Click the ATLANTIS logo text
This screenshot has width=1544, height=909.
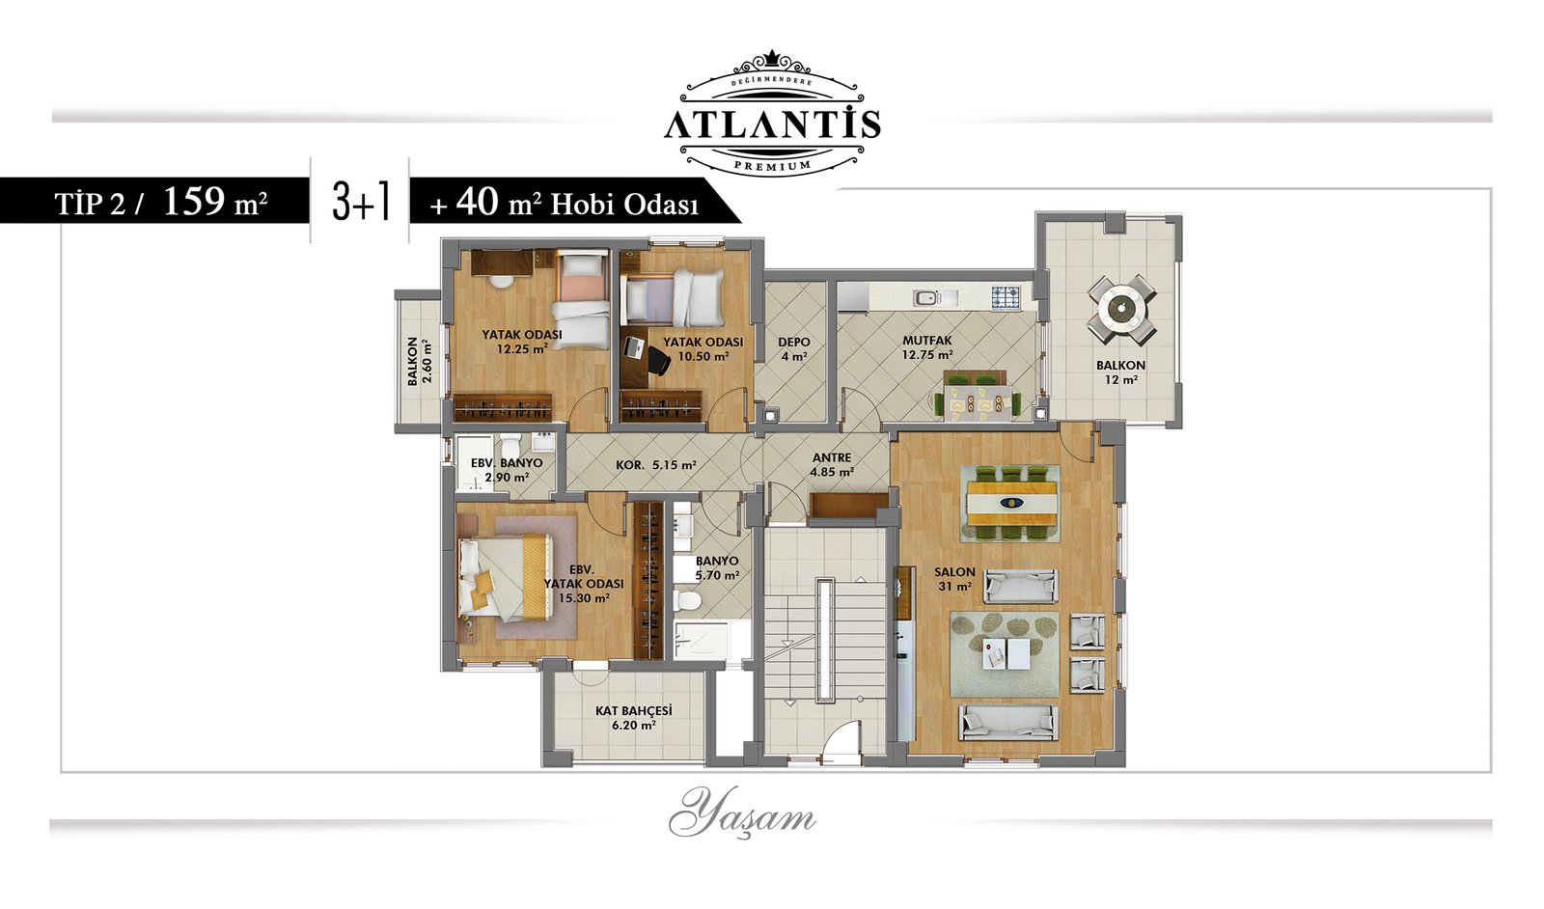pyautogui.click(x=772, y=125)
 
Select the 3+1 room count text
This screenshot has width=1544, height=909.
pyautogui.click(x=361, y=203)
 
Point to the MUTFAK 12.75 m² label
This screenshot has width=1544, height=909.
pyautogui.click(x=927, y=347)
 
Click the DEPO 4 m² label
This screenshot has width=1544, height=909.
pyautogui.click(x=794, y=348)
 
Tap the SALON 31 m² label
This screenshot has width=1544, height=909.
pyautogui.click(x=954, y=579)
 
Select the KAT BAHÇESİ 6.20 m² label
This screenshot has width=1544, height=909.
pyautogui.click(x=633, y=717)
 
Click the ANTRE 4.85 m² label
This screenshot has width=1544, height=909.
pyautogui.click(x=832, y=464)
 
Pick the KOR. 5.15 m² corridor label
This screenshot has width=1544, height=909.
pyautogui.click(x=655, y=465)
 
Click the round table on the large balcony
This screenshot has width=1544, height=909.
pyautogui.click(x=1122, y=310)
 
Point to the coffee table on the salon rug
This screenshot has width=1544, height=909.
pyautogui.click(x=1006, y=652)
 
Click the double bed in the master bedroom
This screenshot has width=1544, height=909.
pyautogui.click(x=506, y=576)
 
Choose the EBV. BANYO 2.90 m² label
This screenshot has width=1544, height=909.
pyautogui.click(x=507, y=470)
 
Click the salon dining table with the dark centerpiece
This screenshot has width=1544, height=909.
pyautogui.click(x=1012, y=503)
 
